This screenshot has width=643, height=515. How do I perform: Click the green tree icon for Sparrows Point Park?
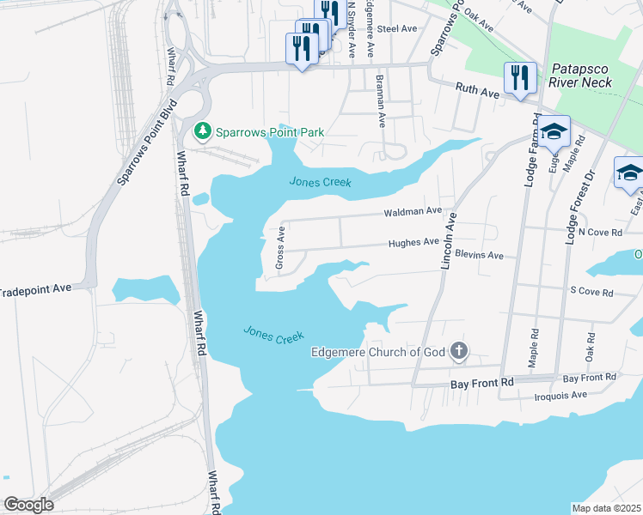tap(203, 131)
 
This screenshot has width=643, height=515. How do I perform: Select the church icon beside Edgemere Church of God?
tap(460, 350)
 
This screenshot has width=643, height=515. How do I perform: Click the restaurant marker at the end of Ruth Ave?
tap(520, 79)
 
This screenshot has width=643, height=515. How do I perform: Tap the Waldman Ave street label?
tap(413, 211)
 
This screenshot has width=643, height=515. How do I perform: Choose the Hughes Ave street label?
tap(413, 243)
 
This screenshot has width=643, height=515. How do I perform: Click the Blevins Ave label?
tap(479, 255)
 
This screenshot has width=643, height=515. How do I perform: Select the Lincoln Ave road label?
tap(447, 242)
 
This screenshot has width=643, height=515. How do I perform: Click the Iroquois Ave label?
tap(560, 395)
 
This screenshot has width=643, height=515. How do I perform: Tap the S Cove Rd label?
tap(591, 292)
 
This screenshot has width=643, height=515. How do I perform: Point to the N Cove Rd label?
tap(599, 232)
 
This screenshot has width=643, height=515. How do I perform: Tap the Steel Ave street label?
tap(397, 28)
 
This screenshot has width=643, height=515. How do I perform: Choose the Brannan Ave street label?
tap(380, 101)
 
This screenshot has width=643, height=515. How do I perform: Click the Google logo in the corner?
tap(28, 505)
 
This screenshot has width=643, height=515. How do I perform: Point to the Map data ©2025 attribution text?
tap(606, 507)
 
